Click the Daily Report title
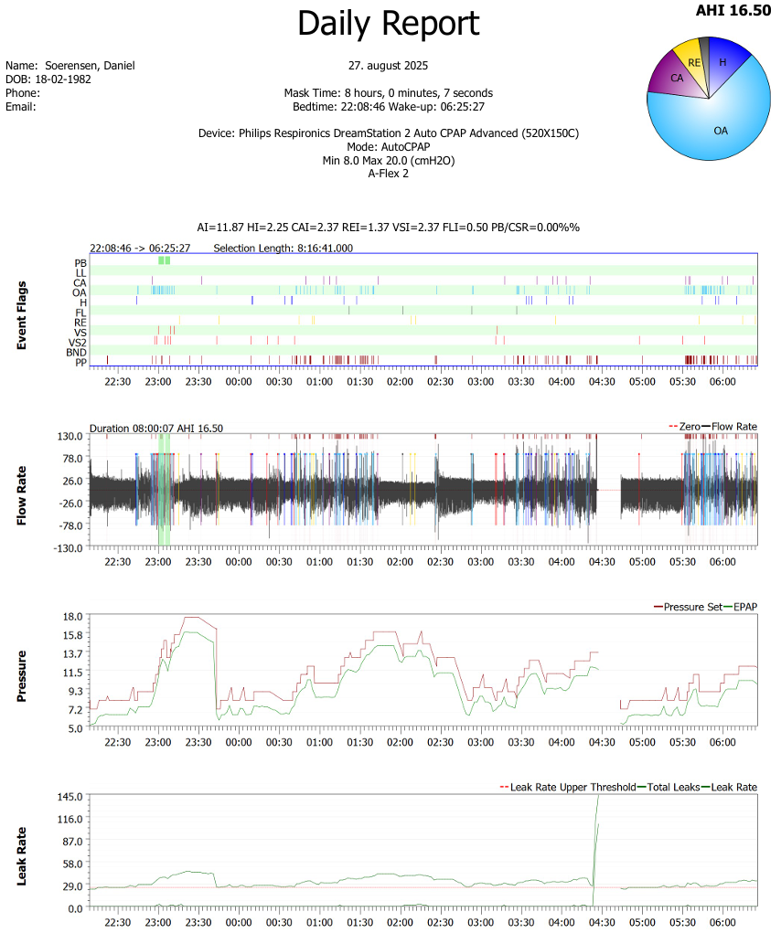[x=388, y=24]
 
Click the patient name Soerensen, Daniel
[x=90, y=66]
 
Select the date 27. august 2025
[x=388, y=66]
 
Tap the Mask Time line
[x=388, y=93]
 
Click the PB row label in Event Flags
[x=81, y=262]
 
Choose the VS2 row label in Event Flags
[x=79, y=342]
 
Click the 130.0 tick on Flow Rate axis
[x=71, y=437]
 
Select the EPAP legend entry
[x=746, y=606]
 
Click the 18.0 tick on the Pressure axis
[x=73, y=617]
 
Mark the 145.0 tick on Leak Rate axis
[x=71, y=797]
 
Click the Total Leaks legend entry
[x=674, y=787]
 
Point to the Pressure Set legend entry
[x=692, y=606]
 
